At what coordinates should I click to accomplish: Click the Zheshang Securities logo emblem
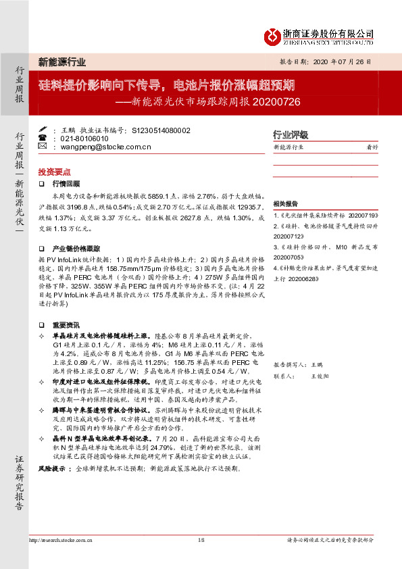(271, 36)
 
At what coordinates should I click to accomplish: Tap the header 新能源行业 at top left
(61, 62)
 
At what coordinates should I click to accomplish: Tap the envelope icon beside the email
(43, 146)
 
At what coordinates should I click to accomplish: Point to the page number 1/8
(201, 540)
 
